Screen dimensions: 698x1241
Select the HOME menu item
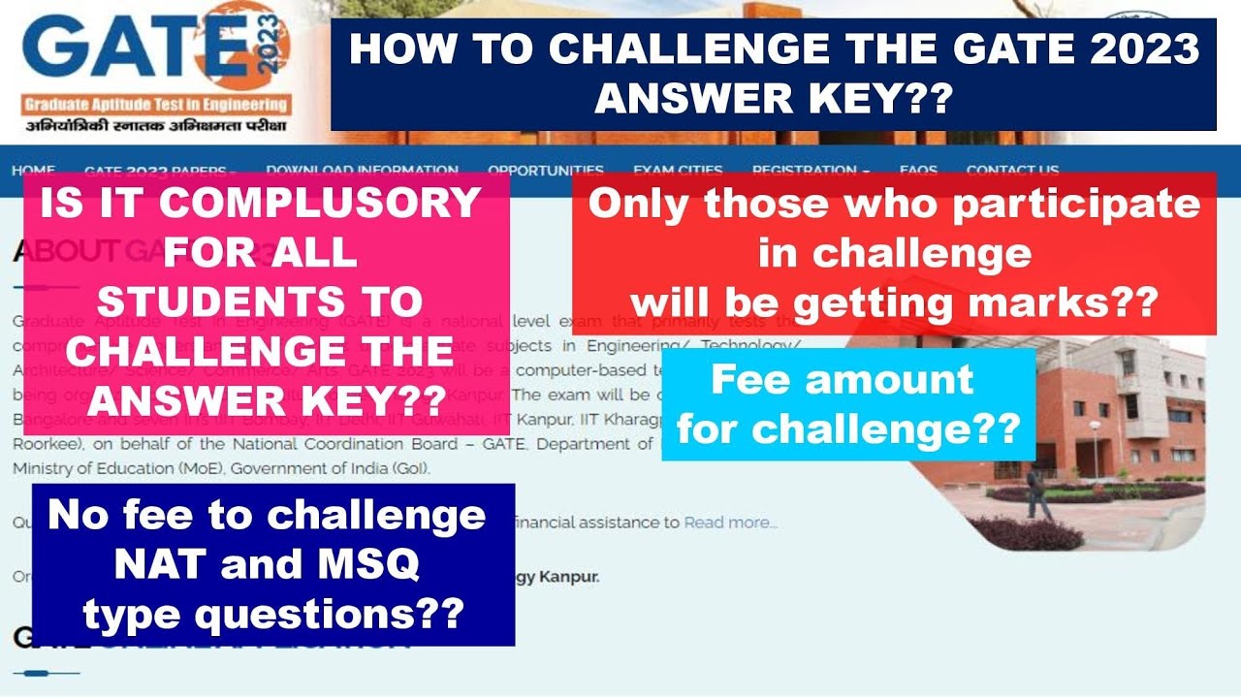(33, 171)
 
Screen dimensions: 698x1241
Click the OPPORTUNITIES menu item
(546, 171)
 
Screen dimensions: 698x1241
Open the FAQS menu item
(918, 171)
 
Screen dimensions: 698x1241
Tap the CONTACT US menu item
(1012, 171)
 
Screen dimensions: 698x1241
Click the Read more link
(730, 523)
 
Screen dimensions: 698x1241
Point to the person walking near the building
(1038, 494)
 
